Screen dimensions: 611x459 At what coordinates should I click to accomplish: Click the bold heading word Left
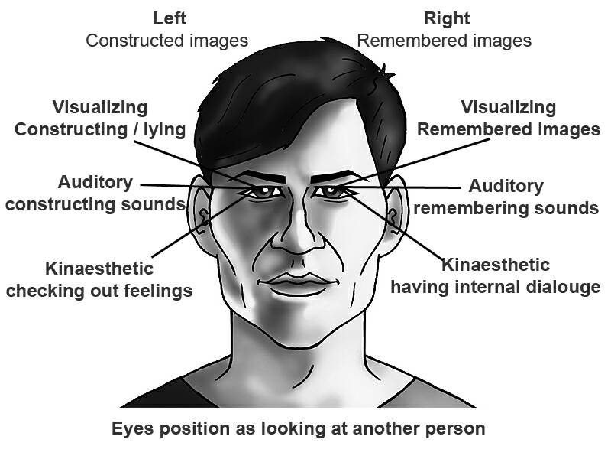point(170,18)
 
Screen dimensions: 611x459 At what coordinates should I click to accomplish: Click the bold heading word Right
point(447,18)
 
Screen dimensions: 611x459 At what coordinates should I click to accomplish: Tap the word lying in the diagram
point(164,130)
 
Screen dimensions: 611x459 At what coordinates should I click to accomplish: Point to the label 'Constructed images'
point(166,41)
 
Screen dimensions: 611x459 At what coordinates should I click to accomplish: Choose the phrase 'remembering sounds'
point(506,208)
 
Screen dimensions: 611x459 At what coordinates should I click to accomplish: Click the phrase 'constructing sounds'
point(95,205)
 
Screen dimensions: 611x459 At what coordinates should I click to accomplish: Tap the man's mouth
point(298,283)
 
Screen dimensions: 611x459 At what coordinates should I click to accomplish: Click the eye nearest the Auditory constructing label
point(263,192)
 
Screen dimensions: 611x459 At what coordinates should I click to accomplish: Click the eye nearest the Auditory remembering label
point(331,192)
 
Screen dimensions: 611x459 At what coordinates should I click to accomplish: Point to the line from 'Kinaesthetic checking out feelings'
point(200,226)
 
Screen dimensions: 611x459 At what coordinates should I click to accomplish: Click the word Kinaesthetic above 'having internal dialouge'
point(495,265)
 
